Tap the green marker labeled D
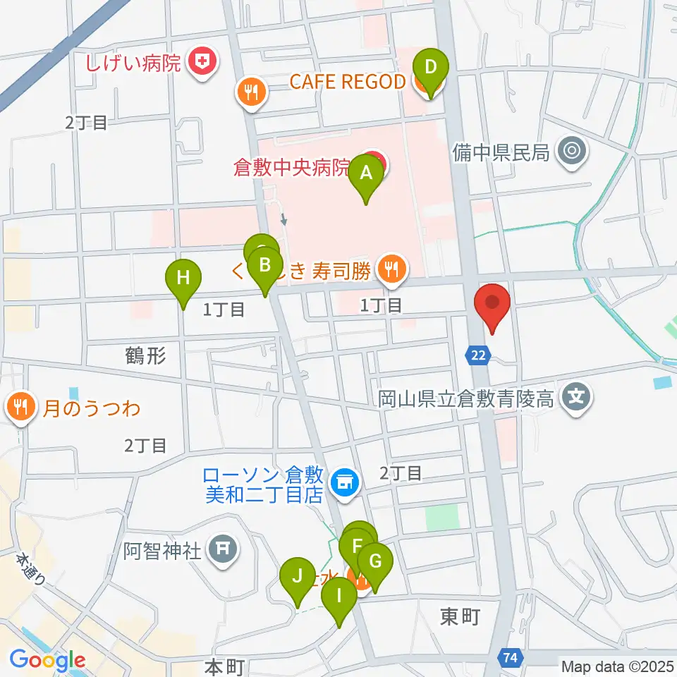[430, 70]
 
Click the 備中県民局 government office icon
[571, 151]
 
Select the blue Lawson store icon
[345, 483]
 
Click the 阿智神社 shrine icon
[224, 547]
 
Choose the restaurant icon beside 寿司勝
[389, 268]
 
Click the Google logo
[47, 660]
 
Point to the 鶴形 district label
[147, 356]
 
